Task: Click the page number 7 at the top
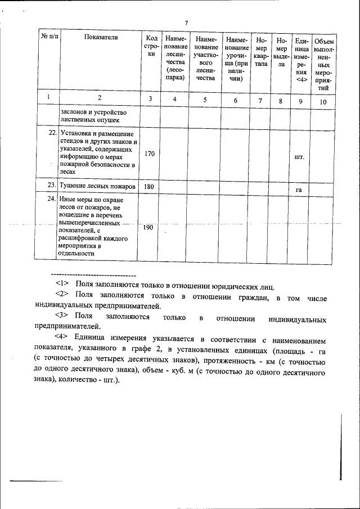coord(186,22)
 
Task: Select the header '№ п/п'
coord(49,37)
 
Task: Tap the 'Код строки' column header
coord(150,46)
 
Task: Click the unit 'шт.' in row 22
coord(300,157)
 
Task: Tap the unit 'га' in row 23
coord(300,190)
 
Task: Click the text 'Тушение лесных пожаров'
coord(97,186)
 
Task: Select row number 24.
coord(51,199)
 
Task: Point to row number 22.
coord(51,133)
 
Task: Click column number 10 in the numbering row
coord(323,101)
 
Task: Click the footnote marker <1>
coord(62,285)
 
